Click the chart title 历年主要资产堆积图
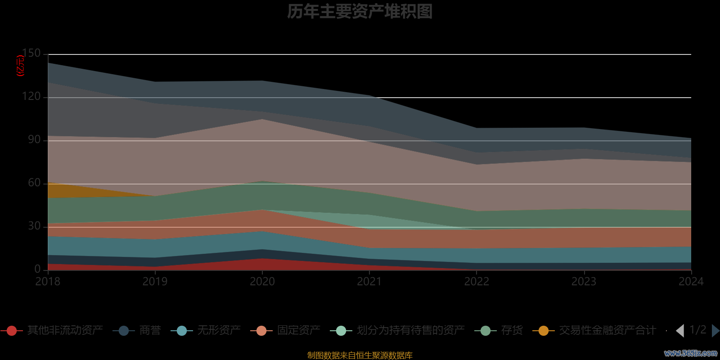click(x=360, y=12)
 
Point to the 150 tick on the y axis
click(x=31, y=54)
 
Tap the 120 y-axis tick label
click(x=31, y=97)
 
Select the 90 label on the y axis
click(x=34, y=140)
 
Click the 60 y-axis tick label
click(x=34, y=183)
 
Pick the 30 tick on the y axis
click(x=34, y=226)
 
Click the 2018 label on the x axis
click(x=48, y=282)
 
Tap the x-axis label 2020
click(x=262, y=282)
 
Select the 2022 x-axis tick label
click(x=477, y=282)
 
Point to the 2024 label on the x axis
click(x=691, y=282)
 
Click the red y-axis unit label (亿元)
click(x=20, y=66)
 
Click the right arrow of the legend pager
click(x=715, y=331)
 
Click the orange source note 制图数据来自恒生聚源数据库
click(x=360, y=355)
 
